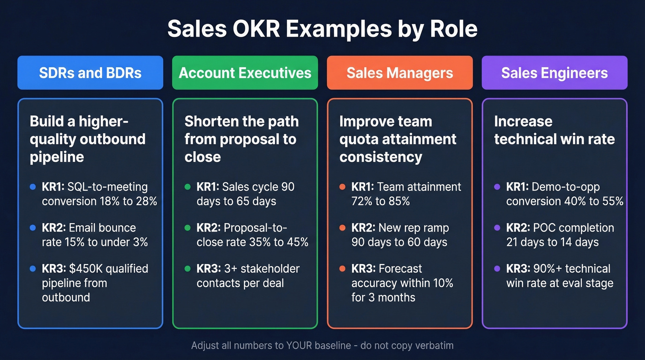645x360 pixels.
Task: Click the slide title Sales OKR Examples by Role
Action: pyautogui.click(x=322, y=29)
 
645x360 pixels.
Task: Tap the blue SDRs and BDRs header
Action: pyautogui.click(x=90, y=73)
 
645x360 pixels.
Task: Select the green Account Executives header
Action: pyautogui.click(x=245, y=73)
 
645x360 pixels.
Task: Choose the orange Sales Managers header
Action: pyautogui.click(x=400, y=73)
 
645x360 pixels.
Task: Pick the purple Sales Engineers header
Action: pyautogui.click(x=555, y=73)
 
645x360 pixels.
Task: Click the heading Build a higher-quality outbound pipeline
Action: pyautogui.click(x=88, y=139)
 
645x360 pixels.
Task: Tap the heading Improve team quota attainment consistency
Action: pyautogui.click(x=398, y=139)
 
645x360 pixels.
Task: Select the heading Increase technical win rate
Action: pyautogui.click(x=554, y=130)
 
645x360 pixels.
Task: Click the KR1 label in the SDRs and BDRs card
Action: pyautogui.click(x=53, y=187)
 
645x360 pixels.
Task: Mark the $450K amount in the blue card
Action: pyautogui.click(x=84, y=269)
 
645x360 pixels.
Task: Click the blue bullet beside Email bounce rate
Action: pyautogui.click(x=33, y=228)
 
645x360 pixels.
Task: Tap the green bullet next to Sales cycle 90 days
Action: pyautogui.click(x=188, y=187)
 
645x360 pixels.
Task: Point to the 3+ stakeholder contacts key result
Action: pyautogui.click(x=248, y=276)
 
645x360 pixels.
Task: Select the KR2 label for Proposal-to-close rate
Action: pyautogui.click(x=208, y=228)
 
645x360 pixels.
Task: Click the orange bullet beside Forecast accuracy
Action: pyautogui.click(x=342, y=269)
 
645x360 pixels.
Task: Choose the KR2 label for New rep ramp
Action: pyautogui.click(x=363, y=228)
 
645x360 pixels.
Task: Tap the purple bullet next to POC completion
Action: pyautogui.click(x=497, y=228)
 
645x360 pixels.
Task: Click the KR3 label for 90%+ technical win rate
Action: pyautogui.click(x=517, y=269)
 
